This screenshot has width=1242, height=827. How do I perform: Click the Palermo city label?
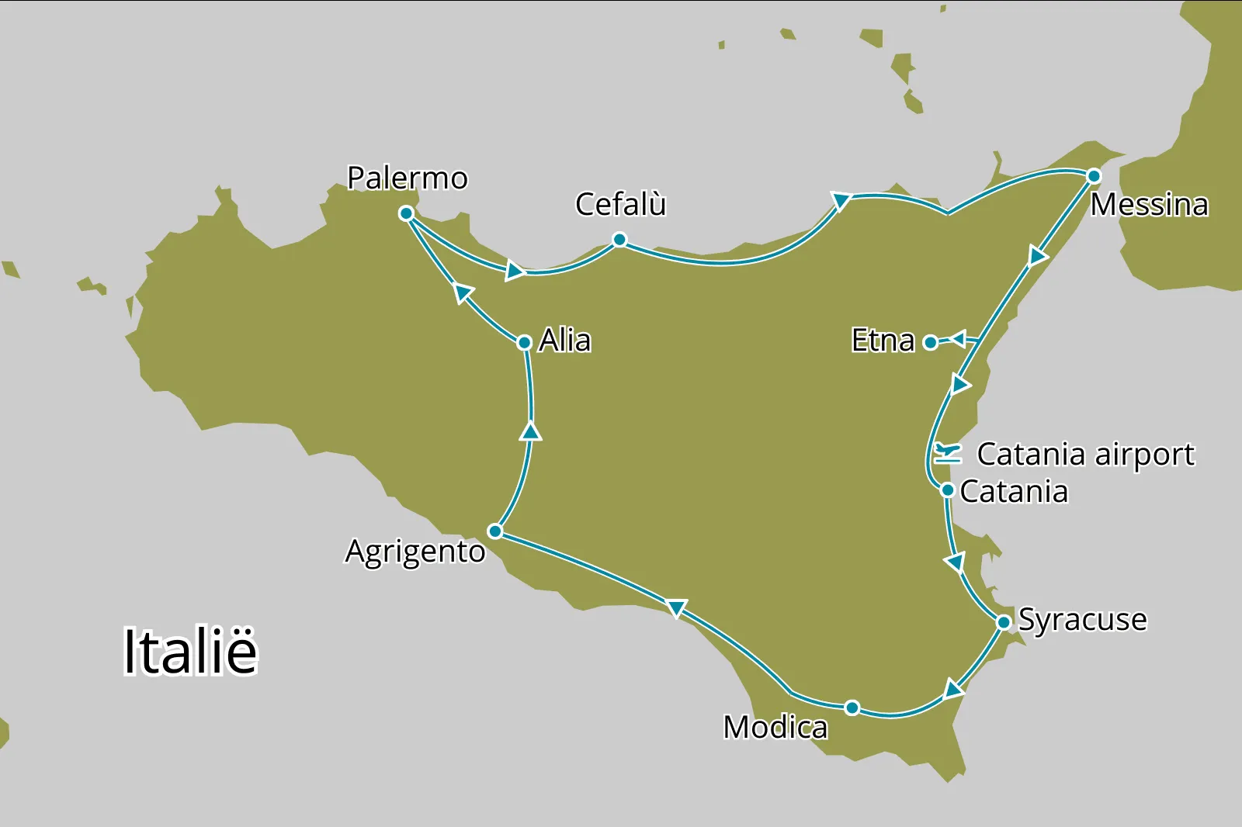click(x=408, y=178)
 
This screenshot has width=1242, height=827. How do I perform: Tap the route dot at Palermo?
click(x=406, y=213)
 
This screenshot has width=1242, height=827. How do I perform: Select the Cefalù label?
click(x=620, y=205)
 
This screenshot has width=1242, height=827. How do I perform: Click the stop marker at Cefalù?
click(x=619, y=240)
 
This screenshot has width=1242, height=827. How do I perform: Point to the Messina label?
click(x=1149, y=206)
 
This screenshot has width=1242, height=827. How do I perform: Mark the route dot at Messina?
click(x=1094, y=176)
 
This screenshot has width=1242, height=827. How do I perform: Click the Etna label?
click(x=883, y=341)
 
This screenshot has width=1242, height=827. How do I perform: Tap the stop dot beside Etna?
click(x=931, y=342)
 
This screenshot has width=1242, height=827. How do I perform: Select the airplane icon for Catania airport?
click(x=948, y=452)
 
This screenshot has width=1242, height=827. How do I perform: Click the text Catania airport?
click(x=1085, y=455)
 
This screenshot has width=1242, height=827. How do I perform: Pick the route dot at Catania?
click(x=947, y=490)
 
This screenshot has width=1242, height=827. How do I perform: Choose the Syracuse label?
click(x=1082, y=620)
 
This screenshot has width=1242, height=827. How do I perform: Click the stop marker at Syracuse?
click(x=1004, y=622)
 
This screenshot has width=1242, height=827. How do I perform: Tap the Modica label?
click(x=775, y=728)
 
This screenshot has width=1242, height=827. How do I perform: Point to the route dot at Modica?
click(x=852, y=708)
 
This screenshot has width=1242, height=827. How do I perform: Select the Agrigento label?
click(x=415, y=552)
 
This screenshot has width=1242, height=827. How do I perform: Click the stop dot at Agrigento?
click(x=495, y=531)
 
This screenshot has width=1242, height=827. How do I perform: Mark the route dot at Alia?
click(x=525, y=342)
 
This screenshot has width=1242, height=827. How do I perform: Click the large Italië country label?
click(x=190, y=652)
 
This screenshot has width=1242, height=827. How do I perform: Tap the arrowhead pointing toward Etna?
click(x=958, y=339)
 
